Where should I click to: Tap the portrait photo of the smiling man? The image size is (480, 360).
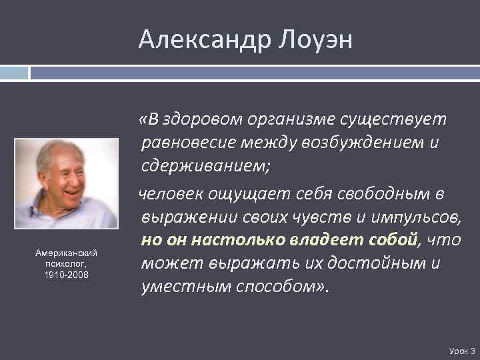(67, 184)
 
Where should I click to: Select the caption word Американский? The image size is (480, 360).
(67, 253)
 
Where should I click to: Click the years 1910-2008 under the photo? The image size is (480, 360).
(67, 274)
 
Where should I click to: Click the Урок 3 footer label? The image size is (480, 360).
(462, 350)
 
